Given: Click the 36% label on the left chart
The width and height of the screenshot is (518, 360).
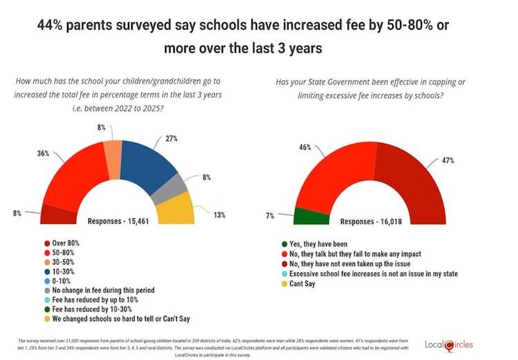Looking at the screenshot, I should tap(43, 153).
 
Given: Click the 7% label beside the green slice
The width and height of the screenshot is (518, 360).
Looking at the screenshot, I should tap(270, 217).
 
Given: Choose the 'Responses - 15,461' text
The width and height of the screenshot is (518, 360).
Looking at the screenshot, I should tap(116, 221).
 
